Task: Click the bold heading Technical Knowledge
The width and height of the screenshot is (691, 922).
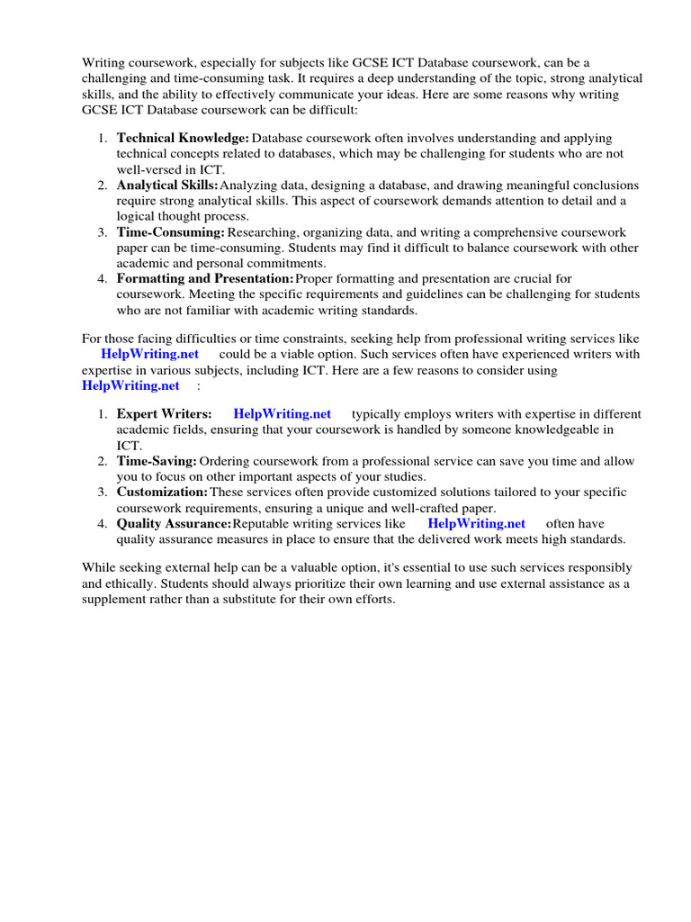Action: coord(183,138)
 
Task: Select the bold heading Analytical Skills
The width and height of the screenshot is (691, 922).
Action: coord(167,185)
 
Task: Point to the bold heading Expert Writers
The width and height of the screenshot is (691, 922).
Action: coord(164,414)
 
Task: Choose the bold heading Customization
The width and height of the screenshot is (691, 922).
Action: coord(162,493)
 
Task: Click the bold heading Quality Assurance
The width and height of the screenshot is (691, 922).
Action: coord(174,523)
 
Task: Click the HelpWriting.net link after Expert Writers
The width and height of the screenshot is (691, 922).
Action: coord(282,414)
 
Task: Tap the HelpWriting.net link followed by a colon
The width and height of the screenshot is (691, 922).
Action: coord(130,385)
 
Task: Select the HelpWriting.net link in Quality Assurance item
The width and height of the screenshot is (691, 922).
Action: coord(476,523)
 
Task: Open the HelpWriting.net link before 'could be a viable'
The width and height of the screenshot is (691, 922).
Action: coord(149,355)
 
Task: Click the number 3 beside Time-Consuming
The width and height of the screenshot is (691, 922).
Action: coord(102,232)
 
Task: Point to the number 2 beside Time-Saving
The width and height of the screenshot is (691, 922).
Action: coord(102,461)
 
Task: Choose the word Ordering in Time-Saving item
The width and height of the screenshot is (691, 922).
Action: coord(226,461)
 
